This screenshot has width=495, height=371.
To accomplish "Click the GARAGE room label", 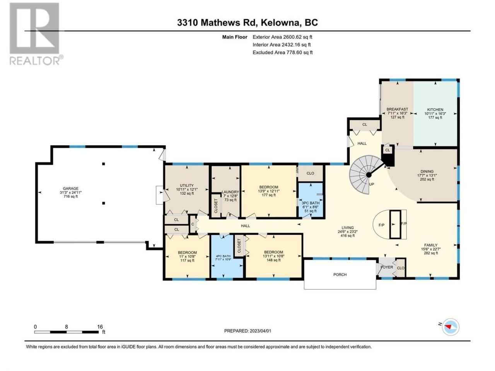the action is point(71,188).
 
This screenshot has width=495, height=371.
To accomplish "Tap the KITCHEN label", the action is point(435,109).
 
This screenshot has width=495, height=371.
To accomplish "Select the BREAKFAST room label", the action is point(397,109).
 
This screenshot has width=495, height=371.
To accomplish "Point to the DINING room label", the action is point(427,172).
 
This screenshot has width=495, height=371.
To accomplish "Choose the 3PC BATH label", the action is point(311,203).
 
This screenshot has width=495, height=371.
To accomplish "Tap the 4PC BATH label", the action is point(223,256).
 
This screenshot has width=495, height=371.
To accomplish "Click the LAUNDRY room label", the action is point(230,192).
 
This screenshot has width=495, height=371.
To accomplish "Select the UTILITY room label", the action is point(187,185).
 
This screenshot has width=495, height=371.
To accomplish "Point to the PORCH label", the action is point(340,275).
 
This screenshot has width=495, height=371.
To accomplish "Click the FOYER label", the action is point(387,267).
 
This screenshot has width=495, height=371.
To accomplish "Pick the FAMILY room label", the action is point(431,245).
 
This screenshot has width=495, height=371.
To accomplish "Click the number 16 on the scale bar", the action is point(100,327).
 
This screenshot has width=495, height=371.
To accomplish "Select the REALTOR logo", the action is point(36,34).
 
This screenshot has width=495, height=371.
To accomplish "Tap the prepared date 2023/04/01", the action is point(260,331).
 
